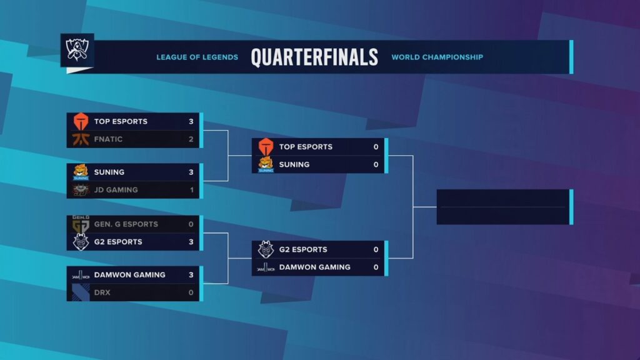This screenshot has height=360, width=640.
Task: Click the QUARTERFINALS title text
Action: [x=314, y=57]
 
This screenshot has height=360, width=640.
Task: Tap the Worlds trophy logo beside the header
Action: [x=77, y=50]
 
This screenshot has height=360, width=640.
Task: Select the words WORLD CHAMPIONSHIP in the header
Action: [x=437, y=57]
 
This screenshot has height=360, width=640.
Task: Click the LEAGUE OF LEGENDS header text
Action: [x=197, y=57]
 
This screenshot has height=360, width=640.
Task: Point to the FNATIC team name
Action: [x=108, y=139]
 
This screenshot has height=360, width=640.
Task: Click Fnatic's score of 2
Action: [x=191, y=139]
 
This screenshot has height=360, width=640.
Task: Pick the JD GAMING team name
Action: [x=116, y=190]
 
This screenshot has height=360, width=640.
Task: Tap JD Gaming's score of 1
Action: [x=191, y=190]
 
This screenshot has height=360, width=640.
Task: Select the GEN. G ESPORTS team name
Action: [x=126, y=224]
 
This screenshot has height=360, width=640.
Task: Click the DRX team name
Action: [x=102, y=292]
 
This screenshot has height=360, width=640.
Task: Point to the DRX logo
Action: [x=81, y=292]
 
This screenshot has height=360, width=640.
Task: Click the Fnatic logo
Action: [x=81, y=139]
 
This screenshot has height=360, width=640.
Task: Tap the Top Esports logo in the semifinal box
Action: [x=266, y=146]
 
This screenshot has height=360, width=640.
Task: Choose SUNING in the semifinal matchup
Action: [x=294, y=164]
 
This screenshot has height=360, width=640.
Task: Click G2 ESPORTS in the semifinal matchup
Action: [x=302, y=249]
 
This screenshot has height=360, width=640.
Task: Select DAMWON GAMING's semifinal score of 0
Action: [x=376, y=267]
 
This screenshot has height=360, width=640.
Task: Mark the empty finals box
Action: [x=503, y=207]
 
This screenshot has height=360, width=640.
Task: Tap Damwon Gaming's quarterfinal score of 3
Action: [x=191, y=274]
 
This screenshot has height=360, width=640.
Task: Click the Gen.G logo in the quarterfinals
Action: [x=81, y=224]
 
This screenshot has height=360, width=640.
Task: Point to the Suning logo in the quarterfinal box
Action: [x=81, y=172]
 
